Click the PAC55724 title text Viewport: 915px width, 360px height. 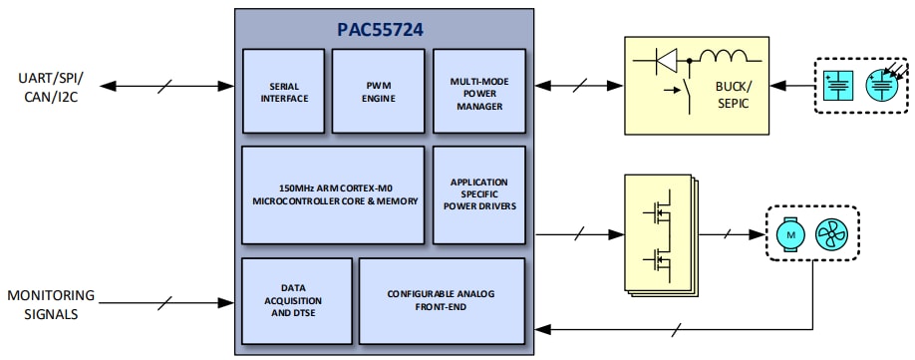380,30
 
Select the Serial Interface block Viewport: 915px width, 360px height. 283,92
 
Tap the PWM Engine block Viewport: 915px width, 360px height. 378,92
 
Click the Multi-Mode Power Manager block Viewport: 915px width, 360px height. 478,92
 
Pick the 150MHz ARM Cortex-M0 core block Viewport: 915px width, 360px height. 334,195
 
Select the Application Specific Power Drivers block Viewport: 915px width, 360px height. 478,195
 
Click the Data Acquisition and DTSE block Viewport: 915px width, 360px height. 297,299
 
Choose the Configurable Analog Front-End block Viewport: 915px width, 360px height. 442,299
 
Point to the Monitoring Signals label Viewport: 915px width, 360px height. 51,304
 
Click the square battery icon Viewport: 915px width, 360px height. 842,86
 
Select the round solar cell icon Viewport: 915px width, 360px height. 881,86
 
